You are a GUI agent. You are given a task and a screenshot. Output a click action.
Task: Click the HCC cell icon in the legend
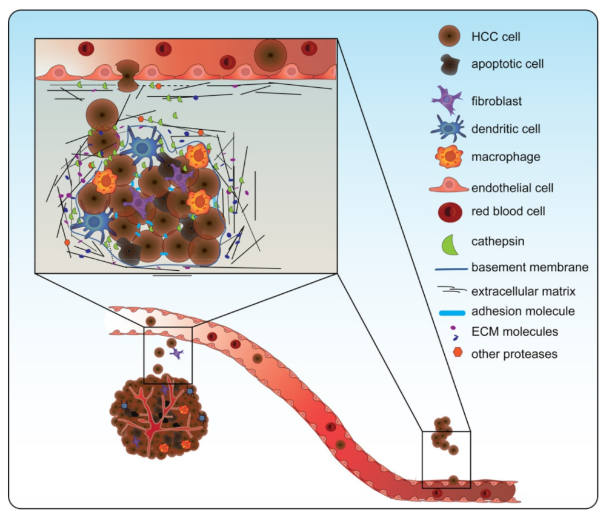449,37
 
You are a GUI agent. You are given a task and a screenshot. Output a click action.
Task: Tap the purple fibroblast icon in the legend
448,100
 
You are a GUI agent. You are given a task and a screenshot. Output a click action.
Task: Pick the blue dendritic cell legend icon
449,128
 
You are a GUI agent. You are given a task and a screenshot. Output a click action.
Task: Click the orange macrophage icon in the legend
449,157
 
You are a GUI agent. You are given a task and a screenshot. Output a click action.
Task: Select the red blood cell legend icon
449,211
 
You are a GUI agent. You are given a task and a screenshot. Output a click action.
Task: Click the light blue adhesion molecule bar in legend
449,311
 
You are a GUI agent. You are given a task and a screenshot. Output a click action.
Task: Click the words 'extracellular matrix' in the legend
523,291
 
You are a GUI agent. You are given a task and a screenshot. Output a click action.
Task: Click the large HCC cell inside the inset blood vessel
270,55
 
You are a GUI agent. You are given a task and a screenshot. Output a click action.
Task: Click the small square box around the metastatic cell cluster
446,459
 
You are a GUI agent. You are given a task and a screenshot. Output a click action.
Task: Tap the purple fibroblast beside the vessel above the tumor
176,353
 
